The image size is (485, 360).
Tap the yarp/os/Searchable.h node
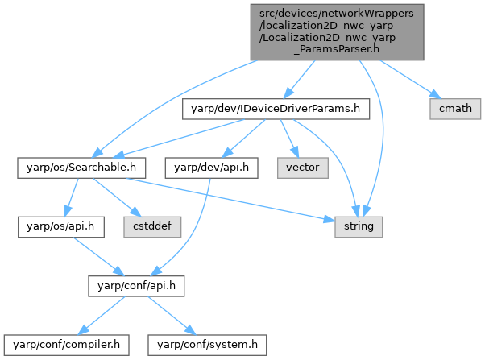[x=81, y=168]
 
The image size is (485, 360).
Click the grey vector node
[x=303, y=168]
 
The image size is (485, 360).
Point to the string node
[x=359, y=227]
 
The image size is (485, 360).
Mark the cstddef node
[x=152, y=227]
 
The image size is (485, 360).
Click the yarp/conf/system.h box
[x=206, y=346]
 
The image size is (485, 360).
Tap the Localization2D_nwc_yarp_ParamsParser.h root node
[x=334, y=31]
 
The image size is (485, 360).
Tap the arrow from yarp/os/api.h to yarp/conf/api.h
[x=90, y=256]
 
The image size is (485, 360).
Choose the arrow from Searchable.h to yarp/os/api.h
[x=71, y=197]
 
